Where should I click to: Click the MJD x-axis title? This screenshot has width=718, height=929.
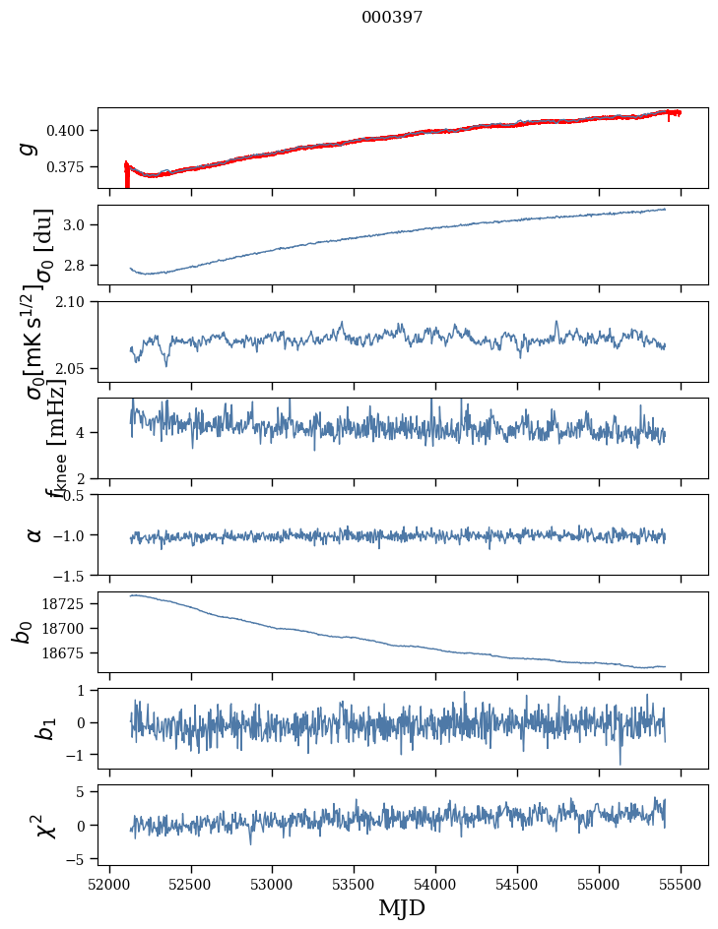pos(402,908)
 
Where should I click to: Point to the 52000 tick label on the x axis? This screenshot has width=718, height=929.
pos(109,883)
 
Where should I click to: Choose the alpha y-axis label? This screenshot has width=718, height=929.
pos(34,534)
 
